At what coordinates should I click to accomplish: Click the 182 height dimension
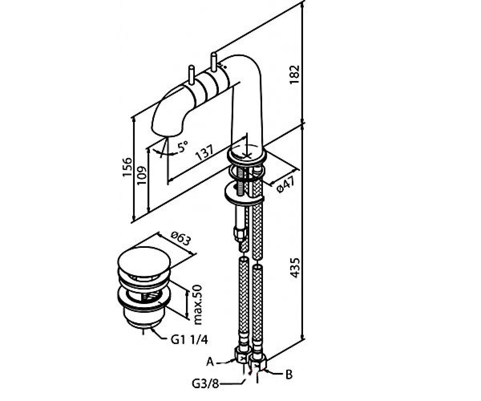[x=295, y=75]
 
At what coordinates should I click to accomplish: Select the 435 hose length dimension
[x=295, y=268]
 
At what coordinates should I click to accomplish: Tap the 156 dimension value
[x=127, y=167]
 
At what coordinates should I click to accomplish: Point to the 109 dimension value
[x=141, y=175]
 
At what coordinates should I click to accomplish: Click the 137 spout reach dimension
[x=205, y=152]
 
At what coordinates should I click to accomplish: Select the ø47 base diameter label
[x=286, y=184]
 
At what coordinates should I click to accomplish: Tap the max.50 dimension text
[x=198, y=305]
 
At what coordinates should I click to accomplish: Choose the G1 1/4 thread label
[x=189, y=340]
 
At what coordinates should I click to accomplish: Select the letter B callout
[x=289, y=374]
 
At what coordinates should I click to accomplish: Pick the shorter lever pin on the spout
[x=192, y=75]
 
